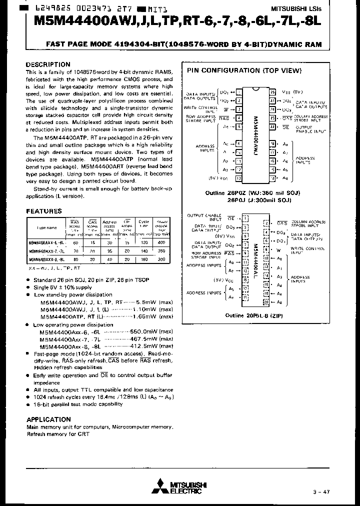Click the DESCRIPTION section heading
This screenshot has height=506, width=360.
pyautogui.click(x=48, y=64)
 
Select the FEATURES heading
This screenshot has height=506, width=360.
pyautogui.click(x=44, y=211)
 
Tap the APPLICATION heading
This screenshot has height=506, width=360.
pyautogui.click(x=48, y=419)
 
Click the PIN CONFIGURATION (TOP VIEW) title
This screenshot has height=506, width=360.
pyautogui.click(x=244, y=71)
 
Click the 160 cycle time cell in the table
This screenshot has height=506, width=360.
pyautogui.click(x=144, y=260)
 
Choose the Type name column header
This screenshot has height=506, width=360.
pyautogui.click(x=47, y=227)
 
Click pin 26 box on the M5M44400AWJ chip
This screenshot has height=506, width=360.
pyautogui.click(x=272, y=92)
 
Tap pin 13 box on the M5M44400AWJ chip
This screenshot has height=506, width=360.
pyautogui.click(x=238, y=178)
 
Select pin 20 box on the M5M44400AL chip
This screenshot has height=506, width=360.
pyautogui.click(x=265, y=302)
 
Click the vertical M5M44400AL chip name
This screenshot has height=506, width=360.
pyautogui.click(x=256, y=259)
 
